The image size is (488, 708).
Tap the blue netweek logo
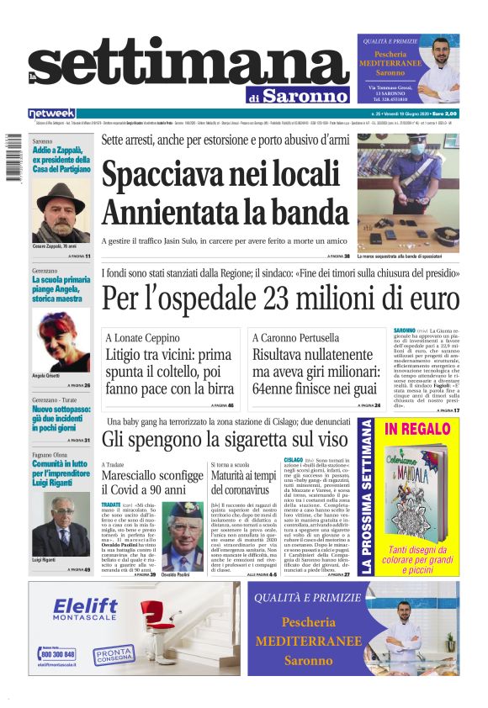[51, 114]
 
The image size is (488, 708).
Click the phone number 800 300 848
[57, 653]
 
